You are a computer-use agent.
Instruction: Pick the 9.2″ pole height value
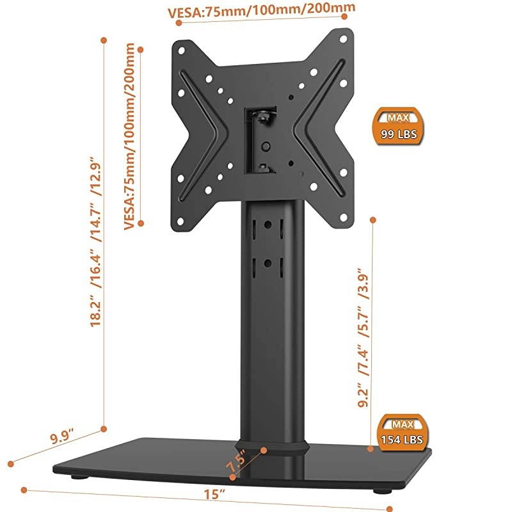click(362, 394)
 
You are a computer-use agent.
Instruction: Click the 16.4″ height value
click(95, 264)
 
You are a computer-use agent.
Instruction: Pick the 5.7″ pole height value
click(362, 319)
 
